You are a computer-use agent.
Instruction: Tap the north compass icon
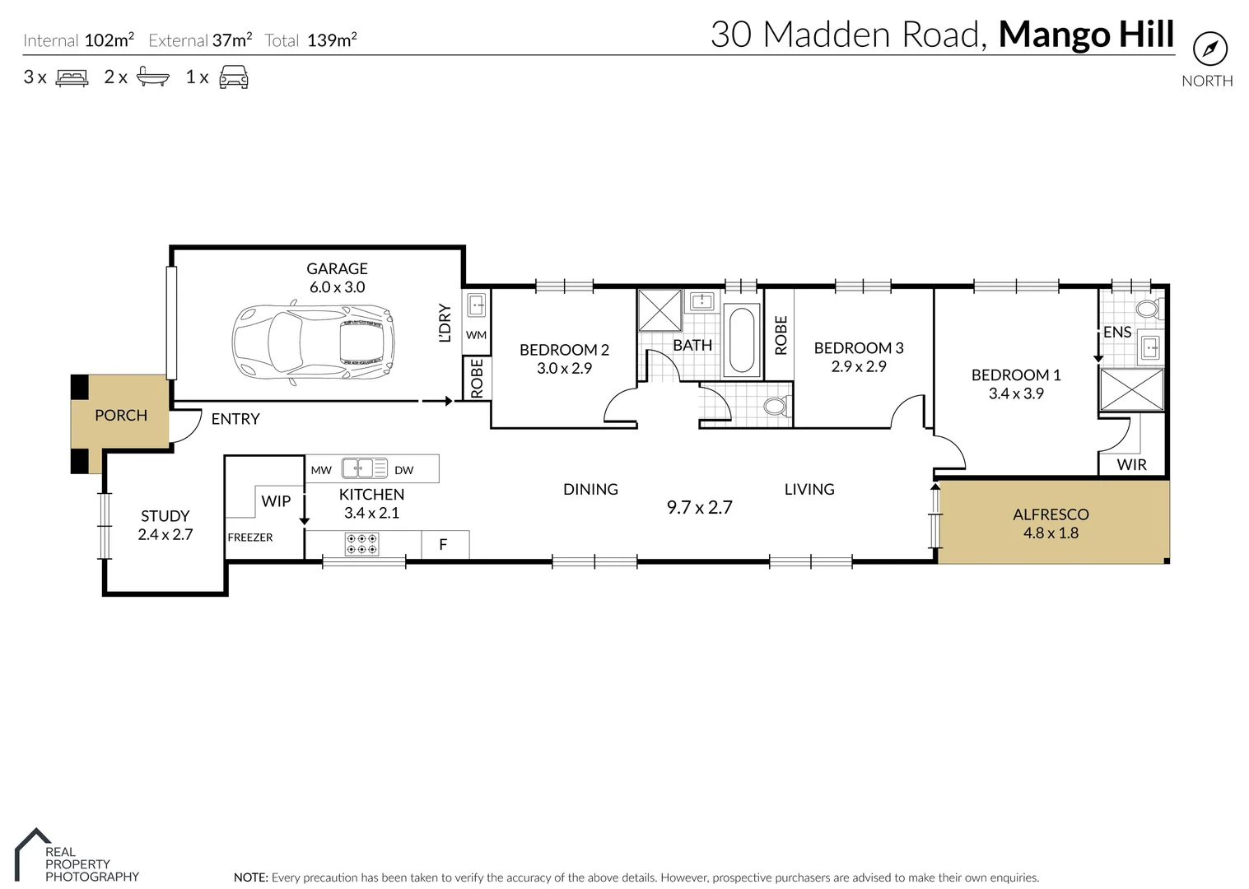tap(1209, 49)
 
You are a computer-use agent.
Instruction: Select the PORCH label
tap(121, 416)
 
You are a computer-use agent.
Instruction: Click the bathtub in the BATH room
tap(742, 340)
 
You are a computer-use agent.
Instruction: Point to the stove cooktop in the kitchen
tap(361, 544)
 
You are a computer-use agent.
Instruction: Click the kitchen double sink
tap(364, 468)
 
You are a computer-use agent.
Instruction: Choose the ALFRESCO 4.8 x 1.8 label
tap(1051, 524)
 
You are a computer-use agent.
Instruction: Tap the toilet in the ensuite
tap(1147, 310)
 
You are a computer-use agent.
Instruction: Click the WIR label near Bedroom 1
tap(1131, 465)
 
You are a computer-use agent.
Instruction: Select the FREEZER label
tap(249, 538)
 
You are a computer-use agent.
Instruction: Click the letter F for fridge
tap(443, 544)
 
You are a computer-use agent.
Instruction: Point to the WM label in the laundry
tap(476, 335)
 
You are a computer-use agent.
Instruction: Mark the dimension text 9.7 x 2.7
tap(699, 508)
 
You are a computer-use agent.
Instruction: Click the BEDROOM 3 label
tap(859, 348)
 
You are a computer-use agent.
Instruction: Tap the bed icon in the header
tap(72, 78)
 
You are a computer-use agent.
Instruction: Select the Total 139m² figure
tap(310, 40)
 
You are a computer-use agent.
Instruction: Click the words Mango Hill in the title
tap(1086, 35)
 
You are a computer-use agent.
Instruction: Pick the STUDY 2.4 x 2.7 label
tap(165, 525)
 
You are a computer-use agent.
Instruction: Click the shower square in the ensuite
tap(1132, 389)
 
